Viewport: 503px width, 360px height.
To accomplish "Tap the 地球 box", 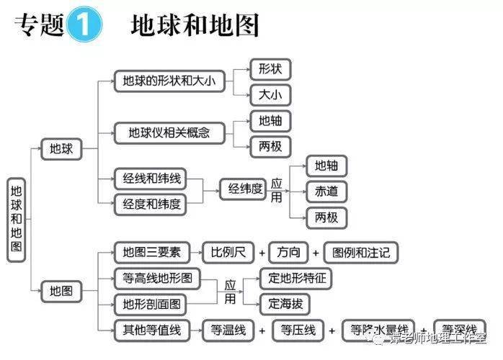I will [x=61, y=149].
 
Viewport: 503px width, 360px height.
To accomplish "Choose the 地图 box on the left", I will [x=61, y=292].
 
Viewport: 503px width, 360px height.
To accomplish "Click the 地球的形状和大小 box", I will [x=166, y=81].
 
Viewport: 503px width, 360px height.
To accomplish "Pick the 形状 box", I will [x=270, y=69].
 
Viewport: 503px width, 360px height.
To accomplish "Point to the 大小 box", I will [x=270, y=94].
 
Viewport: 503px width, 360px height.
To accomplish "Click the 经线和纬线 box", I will [x=150, y=178].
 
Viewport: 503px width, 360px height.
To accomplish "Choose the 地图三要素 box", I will [x=151, y=253].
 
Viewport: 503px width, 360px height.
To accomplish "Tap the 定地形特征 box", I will [x=295, y=278].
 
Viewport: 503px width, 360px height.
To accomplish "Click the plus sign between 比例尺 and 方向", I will [x=262, y=253].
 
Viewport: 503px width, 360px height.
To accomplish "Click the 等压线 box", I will [x=298, y=330].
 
